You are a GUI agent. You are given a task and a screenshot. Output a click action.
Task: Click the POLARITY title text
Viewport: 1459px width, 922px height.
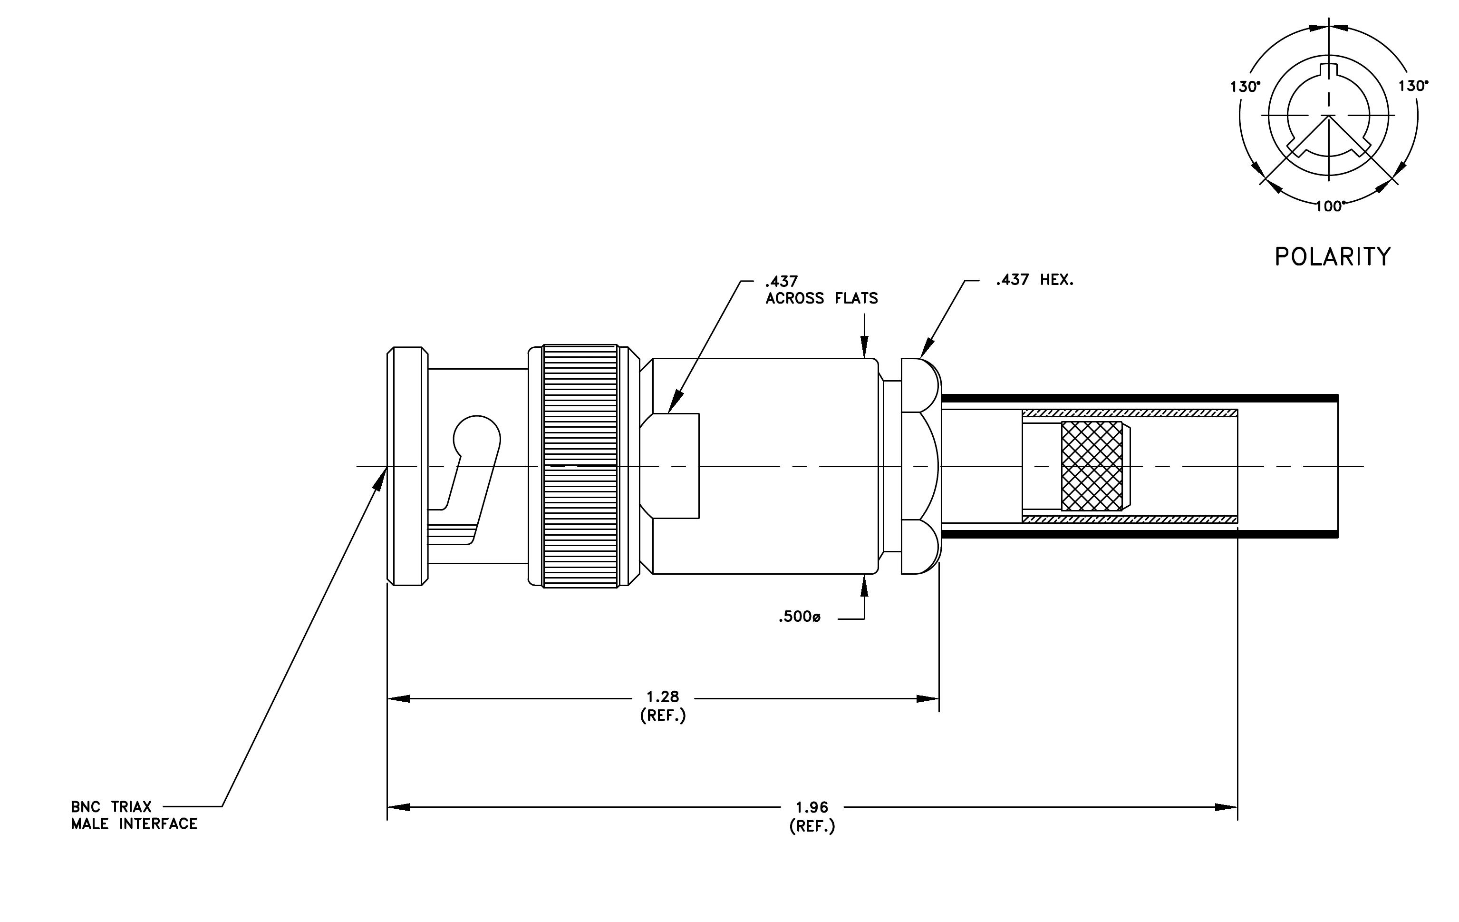1333,257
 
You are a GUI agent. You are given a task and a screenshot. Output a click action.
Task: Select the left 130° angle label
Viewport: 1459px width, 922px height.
1245,87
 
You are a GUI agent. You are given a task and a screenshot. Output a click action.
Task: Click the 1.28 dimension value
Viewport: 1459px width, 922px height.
663,696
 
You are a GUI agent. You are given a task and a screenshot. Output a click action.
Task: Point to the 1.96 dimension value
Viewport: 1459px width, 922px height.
812,807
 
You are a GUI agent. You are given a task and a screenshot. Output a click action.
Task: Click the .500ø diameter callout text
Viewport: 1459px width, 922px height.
800,617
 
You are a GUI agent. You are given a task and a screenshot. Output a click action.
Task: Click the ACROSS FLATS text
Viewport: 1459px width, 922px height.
821,298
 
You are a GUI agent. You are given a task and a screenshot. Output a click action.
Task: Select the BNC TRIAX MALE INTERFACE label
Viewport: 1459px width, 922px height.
134,815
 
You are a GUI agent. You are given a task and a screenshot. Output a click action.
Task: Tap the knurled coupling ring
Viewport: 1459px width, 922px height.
580,466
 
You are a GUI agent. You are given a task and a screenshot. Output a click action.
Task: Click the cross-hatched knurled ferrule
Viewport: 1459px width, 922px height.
1092,466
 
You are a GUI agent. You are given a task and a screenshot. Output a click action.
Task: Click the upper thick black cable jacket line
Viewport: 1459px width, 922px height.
1139,398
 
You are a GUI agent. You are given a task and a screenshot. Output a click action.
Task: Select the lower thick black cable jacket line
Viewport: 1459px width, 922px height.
1139,534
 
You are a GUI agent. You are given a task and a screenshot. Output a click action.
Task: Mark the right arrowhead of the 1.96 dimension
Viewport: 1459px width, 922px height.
1227,807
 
